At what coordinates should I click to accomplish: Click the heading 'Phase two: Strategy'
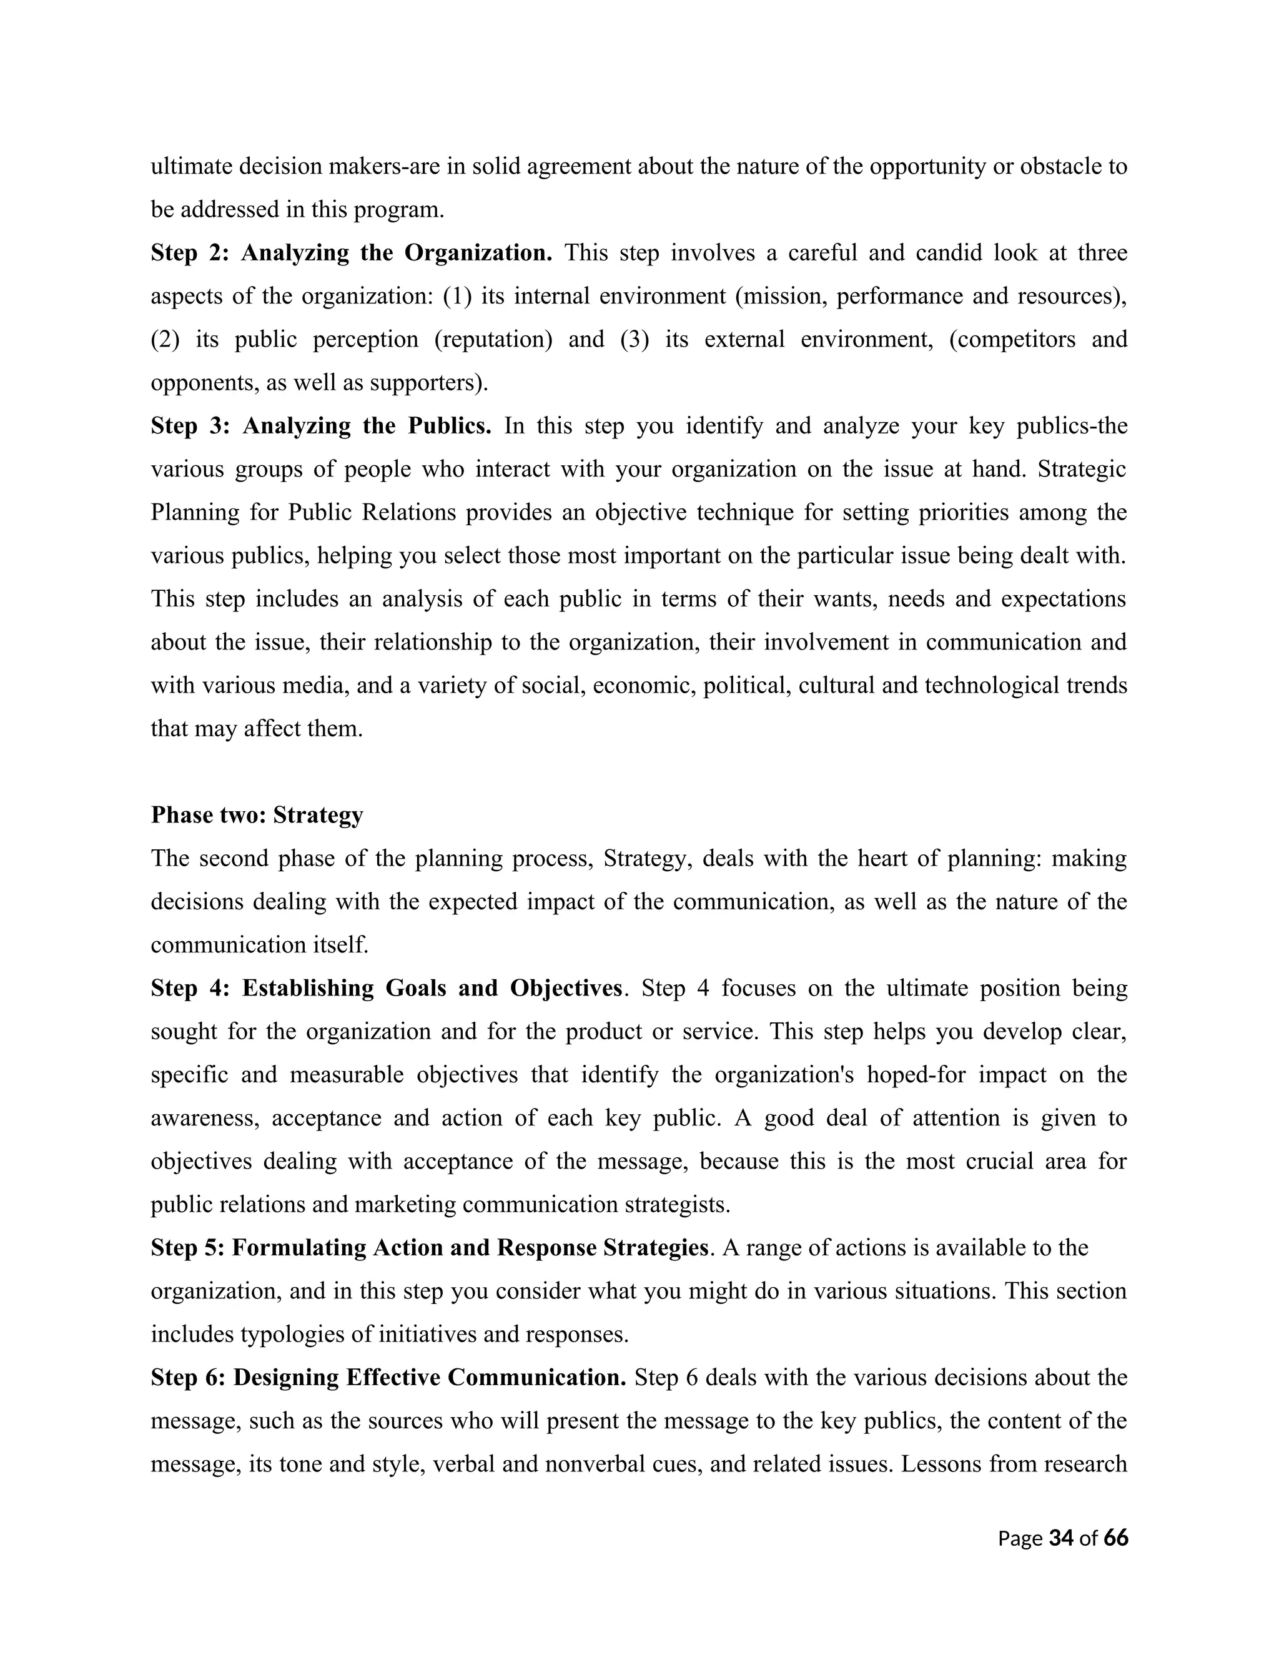(257, 816)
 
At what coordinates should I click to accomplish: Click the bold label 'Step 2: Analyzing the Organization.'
(351, 252)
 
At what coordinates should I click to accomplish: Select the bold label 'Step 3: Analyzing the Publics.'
(320, 426)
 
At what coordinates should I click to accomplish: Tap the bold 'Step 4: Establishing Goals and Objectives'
(387, 988)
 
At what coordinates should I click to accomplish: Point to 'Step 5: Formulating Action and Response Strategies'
(429, 1248)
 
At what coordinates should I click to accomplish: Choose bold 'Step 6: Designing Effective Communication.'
(388, 1378)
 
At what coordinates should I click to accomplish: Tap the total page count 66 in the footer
(1116, 1538)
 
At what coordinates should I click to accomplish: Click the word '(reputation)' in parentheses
(493, 340)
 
